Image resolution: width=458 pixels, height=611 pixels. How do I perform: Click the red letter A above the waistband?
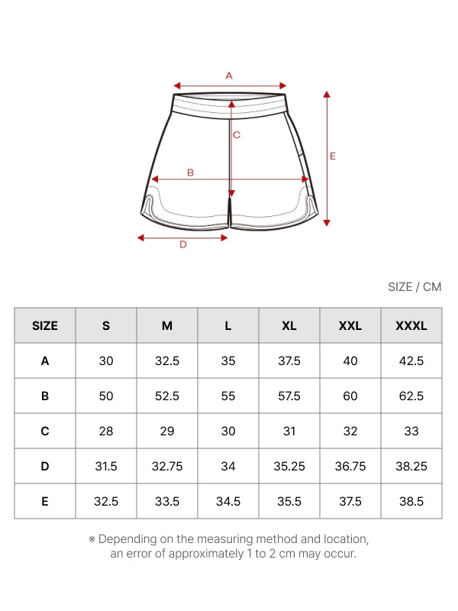pyautogui.click(x=229, y=76)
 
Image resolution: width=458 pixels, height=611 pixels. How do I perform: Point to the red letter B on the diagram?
pyautogui.click(x=190, y=173)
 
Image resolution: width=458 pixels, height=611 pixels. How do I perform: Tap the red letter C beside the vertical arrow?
pyautogui.click(x=237, y=135)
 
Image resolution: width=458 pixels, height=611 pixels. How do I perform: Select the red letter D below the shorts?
pyautogui.click(x=183, y=244)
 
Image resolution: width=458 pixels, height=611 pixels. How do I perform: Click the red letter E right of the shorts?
pyautogui.click(x=333, y=157)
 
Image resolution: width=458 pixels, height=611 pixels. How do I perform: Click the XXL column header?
pyautogui.click(x=350, y=326)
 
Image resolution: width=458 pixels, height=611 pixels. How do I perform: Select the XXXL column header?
pyautogui.click(x=411, y=326)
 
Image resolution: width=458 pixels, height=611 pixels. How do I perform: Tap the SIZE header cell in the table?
pyautogui.click(x=45, y=326)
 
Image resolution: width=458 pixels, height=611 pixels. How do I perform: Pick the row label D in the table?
pyautogui.click(x=45, y=466)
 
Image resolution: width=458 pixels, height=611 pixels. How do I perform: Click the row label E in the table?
pyautogui.click(x=45, y=501)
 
